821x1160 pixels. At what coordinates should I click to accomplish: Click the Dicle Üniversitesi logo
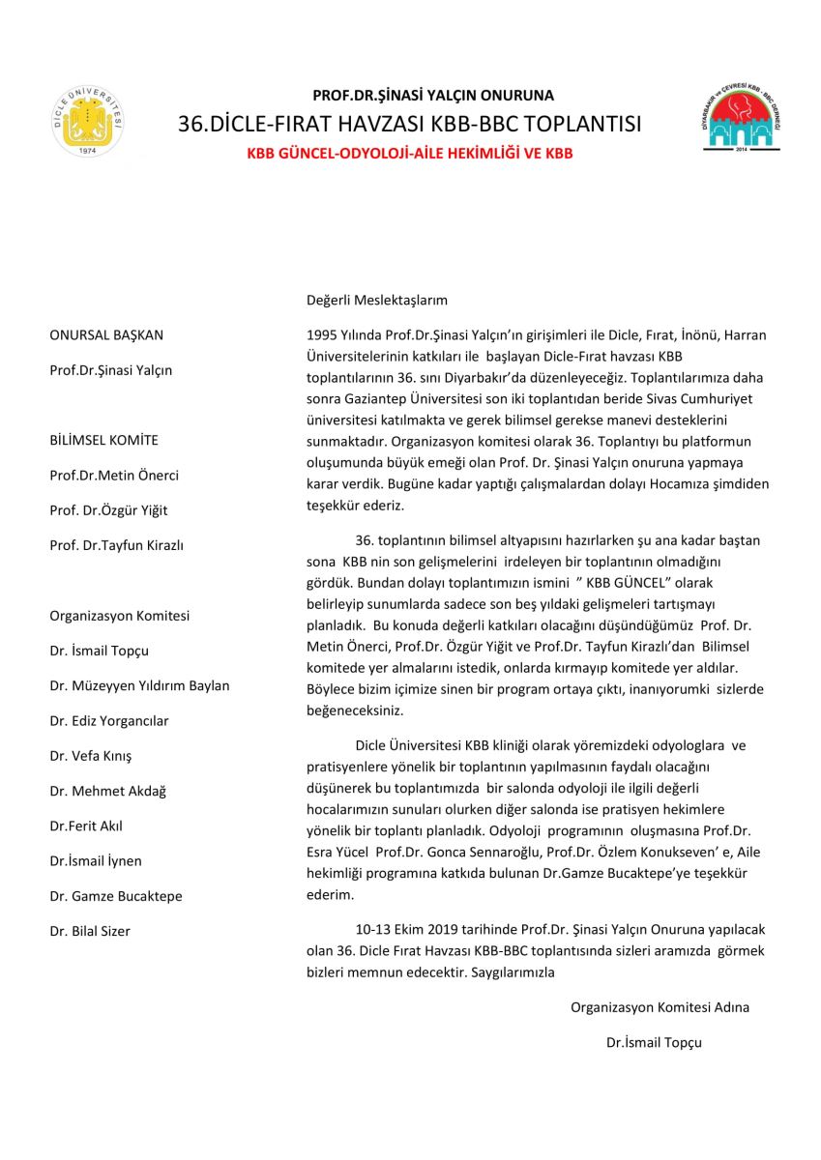click(88, 123)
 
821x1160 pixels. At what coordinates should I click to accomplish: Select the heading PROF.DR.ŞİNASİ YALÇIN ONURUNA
click(433, 96)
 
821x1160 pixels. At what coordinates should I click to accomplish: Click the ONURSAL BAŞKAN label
click(106, 335)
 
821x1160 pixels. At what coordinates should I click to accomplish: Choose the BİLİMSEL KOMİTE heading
click(103, 440)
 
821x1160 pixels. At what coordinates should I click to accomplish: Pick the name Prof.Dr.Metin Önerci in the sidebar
click(114, 475)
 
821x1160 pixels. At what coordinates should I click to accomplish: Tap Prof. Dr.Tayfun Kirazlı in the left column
click(116, 545)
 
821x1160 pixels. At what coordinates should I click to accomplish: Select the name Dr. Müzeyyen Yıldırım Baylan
click(139, 685)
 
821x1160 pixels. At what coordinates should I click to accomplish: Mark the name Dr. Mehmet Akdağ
click(107, 791)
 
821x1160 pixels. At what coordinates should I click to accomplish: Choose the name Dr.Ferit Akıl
click(86, 826)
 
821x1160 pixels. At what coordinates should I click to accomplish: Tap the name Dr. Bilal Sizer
click(90, 931)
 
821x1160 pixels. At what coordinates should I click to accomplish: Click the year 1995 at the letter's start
click(321, 335)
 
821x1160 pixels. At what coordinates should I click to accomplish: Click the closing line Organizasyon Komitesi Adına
click(660, 1007)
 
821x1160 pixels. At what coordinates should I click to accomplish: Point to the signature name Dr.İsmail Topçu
click(654, 1042)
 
